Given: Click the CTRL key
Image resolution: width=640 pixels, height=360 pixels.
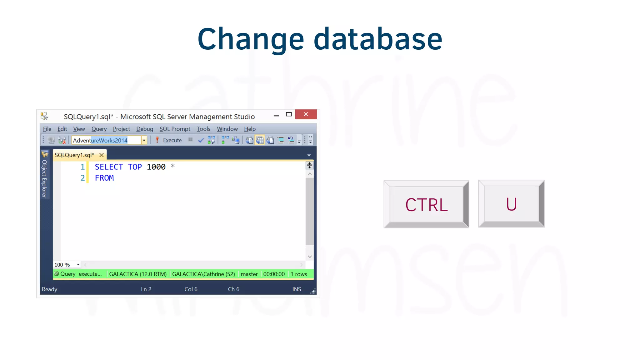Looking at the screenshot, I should click(x=426, y=205).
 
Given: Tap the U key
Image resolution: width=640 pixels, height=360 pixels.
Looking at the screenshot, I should click(x=511, y=204).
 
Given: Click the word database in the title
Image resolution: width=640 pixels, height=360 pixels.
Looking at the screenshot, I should click(x=378, y=39).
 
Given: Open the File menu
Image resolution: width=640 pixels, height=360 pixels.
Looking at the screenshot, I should click(x=47, y=129).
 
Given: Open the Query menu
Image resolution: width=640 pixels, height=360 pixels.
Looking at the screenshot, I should click(x=99, y=129).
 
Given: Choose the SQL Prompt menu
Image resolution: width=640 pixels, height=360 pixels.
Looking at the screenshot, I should click(x=175, y=129).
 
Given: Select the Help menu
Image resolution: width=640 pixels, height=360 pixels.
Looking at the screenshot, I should click(x=250, y=129).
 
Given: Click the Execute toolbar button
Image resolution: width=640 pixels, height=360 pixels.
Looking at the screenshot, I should click(x=169, y=140).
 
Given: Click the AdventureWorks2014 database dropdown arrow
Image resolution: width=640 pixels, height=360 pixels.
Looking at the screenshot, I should click(x=144, y=140).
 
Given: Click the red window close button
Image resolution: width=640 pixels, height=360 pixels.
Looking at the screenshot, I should click(x=306, y=114).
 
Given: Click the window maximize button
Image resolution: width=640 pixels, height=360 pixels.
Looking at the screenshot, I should click(x=289, y=114).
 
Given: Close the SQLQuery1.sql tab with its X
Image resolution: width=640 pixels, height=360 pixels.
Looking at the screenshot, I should click(x=102, y=155).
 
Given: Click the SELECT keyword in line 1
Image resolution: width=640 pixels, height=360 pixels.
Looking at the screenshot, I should click(x=109, y=167).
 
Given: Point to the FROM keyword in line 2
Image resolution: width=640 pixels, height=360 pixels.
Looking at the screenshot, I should click(x=104, y=178).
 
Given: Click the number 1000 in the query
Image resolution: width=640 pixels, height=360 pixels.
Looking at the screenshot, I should click(x=156, y=167).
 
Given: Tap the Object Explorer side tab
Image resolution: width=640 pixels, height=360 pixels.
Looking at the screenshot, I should click(x=44, y=178).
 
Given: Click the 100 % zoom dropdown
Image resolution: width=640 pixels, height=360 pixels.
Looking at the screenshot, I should click(x=78, y=265).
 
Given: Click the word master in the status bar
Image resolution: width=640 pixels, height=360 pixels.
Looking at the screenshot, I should click(x=249, y=274).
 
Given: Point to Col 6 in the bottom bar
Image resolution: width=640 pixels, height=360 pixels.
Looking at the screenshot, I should click(x=191, y=289).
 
